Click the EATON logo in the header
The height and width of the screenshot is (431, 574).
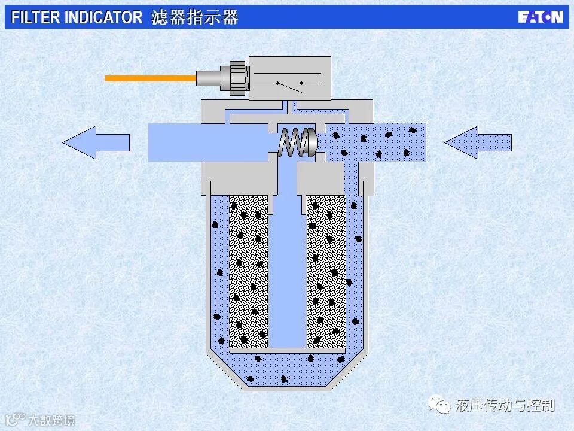point(541,17)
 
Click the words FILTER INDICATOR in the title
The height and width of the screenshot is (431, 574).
point(77,17)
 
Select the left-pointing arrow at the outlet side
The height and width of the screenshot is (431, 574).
point(96,142)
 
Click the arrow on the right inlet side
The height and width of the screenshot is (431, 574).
point(478,142)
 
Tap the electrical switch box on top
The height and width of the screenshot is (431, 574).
point(289,78)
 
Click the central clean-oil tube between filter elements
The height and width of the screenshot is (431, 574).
point(287,269)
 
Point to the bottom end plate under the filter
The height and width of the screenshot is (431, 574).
point(287,350)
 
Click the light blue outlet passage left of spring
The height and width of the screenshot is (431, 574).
point(209,142)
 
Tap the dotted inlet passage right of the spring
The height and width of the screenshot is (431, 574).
point(377,142)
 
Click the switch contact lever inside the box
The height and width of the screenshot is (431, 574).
point(289,86)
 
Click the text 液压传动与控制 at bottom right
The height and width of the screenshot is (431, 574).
point(505,405)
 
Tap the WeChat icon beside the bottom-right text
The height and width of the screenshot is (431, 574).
point(443,406)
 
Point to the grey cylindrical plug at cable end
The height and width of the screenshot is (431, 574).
point(207,78)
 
